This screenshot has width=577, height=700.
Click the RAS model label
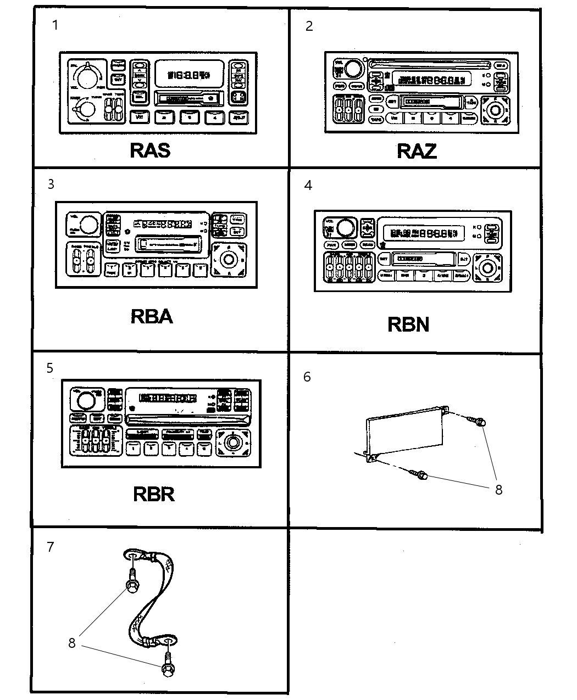pyautogui.click(x=149, y=150)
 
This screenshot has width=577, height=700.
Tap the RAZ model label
pyautogui.click(x=416, y=151)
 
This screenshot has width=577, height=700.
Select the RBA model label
pyautogui.click(x=152, y=317)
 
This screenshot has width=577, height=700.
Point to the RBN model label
pyautogui.click(x=408, y=324)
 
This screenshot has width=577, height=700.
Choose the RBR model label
pyautogui.click(x=153, y=494)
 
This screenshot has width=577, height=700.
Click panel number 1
pyautogui.click(x=55, y=25)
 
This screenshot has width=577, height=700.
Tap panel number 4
pyautogui.click(x=308, y=186)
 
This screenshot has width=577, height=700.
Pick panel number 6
pyautogui.click(x=307, y=377)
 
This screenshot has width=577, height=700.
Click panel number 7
pyautogui.click(x=51, y=547)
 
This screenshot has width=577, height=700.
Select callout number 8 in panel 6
pyautogui.click(x=498, y=490)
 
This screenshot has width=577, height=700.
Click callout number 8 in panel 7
pyautogui.click(x=71, y=643)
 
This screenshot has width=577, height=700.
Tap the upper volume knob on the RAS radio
pyautogui.click(x=86, y=77)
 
